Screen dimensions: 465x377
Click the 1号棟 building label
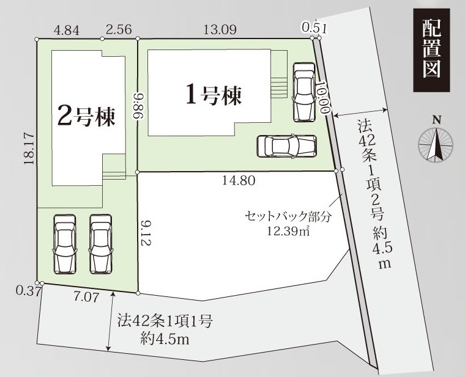(x=214, y=95)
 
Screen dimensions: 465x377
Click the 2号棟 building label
(x=86, y=115)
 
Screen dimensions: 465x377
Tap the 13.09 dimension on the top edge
(x=220, y=29)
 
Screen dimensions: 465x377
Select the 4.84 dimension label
(x=67, y=30)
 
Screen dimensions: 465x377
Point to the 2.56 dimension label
(x=119, y=29)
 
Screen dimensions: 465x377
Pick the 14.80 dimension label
(x=239, y=180)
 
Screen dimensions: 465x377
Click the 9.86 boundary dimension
(x=138, y=106)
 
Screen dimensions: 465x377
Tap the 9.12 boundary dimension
(x=146, y=233)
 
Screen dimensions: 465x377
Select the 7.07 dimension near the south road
(x=86, y=297)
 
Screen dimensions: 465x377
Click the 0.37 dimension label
(x=29, y=291)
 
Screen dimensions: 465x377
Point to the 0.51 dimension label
(x=314, y=29)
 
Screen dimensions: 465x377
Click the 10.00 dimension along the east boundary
(x=322, y=97)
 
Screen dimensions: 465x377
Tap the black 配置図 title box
(x=431, y=50)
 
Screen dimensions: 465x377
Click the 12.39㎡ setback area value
(x=288, y=230)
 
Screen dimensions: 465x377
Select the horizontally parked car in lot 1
(x=287, y=146)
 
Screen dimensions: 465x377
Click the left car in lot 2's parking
(x=65, y=244)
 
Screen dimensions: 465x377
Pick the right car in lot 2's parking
(x=101, y=244)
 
